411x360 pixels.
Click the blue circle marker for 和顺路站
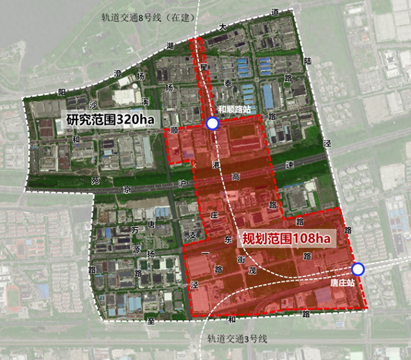tap(212, 123)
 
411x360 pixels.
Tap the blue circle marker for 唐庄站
tap(357, 270)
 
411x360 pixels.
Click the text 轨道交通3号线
tap(236, 339)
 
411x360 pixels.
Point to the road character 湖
tap(170, 46)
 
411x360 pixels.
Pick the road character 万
tap(134, 230)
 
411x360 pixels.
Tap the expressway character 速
tap(290, 165)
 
